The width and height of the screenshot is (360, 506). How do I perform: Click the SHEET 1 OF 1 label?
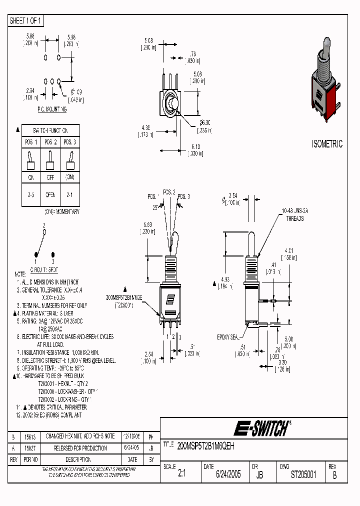coord(26,21)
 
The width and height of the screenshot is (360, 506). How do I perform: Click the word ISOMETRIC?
coord(327,144)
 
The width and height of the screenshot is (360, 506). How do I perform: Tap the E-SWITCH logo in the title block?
coord(261,428)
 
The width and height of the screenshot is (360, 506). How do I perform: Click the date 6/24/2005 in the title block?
coord(228,474)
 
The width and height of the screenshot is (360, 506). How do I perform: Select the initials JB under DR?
coord(259,475)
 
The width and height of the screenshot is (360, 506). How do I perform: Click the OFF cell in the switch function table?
coord(50,177)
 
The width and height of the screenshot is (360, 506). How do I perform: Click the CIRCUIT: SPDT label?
coord(44,268)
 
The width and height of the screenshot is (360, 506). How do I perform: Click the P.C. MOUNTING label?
coord(51,108)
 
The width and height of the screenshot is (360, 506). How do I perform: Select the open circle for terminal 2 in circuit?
coord(44,232)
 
